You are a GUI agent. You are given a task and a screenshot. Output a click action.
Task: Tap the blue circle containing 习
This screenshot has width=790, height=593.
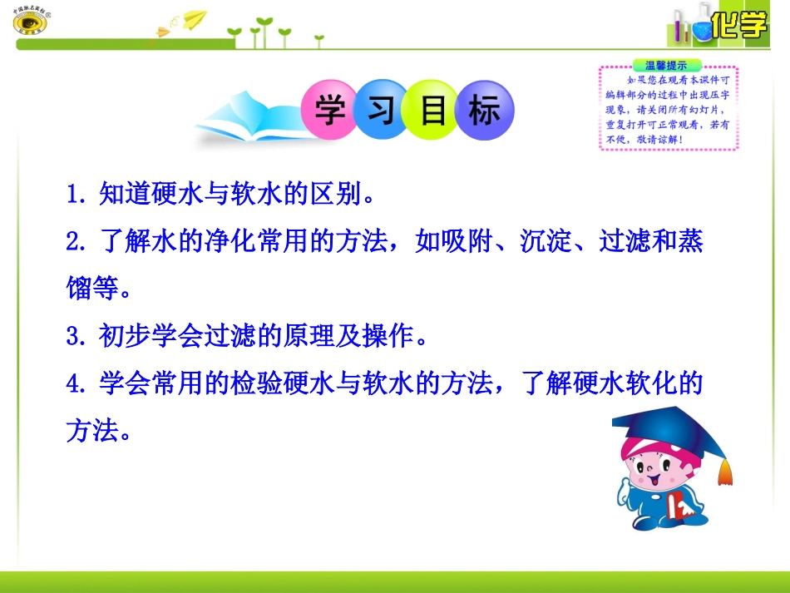382,110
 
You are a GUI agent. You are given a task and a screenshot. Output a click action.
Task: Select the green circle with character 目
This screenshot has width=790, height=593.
433,110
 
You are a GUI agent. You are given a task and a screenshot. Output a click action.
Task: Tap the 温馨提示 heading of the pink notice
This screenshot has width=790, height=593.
667,65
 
